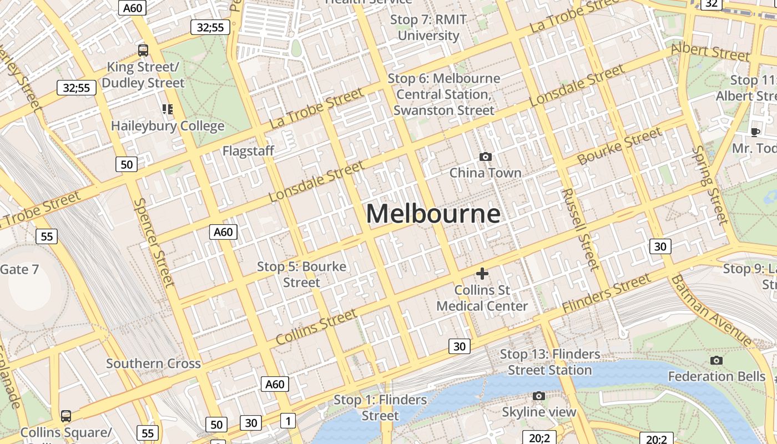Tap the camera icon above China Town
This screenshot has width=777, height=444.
click(486, 157)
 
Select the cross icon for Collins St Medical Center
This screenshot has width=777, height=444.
click(482, 273)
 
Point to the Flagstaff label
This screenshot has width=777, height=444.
click(248, 150)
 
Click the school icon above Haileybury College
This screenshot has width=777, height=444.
click(168, 109)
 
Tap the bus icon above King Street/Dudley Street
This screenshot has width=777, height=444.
click(143, 51)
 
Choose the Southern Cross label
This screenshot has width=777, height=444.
click(153, 364)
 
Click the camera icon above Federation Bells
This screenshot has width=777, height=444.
click(717, 360)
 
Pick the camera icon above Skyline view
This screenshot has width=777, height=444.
click(538, 396)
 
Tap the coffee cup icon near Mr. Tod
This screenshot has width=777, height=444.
click(755, 132)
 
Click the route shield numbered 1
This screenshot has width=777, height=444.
click(287, 421)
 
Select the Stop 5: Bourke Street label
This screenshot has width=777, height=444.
click(301, 274)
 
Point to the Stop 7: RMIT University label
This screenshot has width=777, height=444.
click(428, 28)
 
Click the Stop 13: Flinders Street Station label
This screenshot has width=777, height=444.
click(550, 362)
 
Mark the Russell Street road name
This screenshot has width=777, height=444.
click(581, 229)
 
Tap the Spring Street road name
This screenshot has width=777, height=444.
click(711, 185)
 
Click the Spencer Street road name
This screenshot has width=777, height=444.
click(154, 243)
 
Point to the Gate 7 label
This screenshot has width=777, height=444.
click(19, 270)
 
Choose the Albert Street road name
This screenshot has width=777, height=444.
click(710, 52)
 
